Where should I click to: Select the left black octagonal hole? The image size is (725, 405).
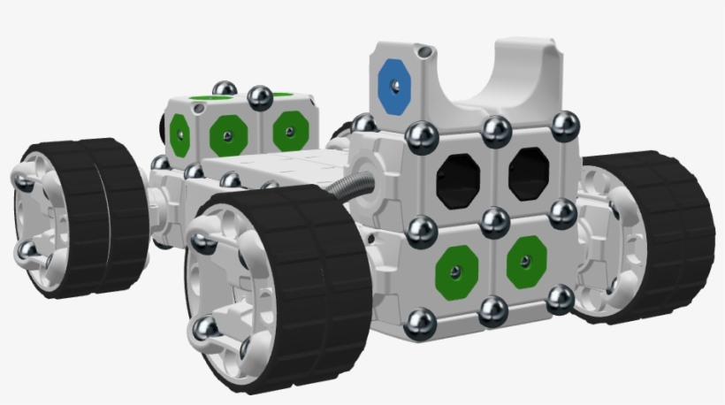[x=458, y=179]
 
